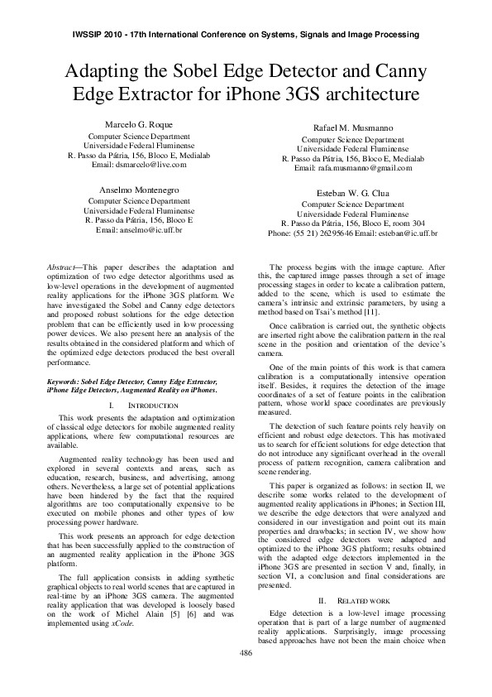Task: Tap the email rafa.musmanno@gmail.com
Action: [370, 168]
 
